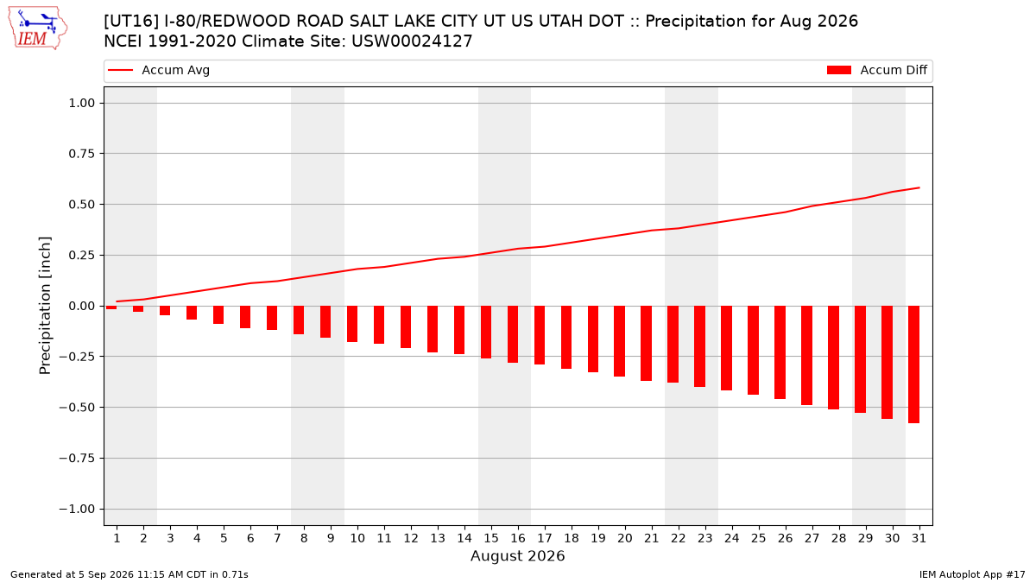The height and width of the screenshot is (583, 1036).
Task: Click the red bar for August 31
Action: click(913, 364)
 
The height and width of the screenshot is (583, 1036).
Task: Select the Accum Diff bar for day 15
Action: click(486, 333)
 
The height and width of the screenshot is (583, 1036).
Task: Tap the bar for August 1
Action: click(111, 307)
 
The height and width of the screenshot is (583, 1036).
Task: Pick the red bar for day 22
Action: click(673, 345)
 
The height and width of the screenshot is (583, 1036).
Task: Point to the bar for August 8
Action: click(299, 320)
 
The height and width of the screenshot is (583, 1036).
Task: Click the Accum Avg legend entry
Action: click(159, 70)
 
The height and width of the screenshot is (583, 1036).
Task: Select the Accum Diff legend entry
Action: click(877, 70)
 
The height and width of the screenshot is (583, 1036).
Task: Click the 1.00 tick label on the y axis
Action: click(82, 103)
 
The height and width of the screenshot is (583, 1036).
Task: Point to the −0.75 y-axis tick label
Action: click(77, 458)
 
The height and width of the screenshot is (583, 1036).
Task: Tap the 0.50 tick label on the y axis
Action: click(82, 204)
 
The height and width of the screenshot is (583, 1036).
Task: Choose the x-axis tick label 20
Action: click(625, 538)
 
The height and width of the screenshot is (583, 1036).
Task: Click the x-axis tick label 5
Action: click(224, 538)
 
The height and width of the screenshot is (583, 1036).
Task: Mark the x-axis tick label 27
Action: click(812, 538)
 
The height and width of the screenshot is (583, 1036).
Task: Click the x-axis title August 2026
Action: click(517, 555)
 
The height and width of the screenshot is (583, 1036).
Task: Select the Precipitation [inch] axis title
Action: click(45, 306)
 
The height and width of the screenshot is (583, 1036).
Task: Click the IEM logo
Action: click(37, 29)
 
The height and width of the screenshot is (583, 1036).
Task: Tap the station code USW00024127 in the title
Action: click(412, 41)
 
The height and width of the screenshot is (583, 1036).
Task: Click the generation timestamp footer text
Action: click(129, 574)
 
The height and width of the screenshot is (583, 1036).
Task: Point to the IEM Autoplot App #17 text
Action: click(972, 574)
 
